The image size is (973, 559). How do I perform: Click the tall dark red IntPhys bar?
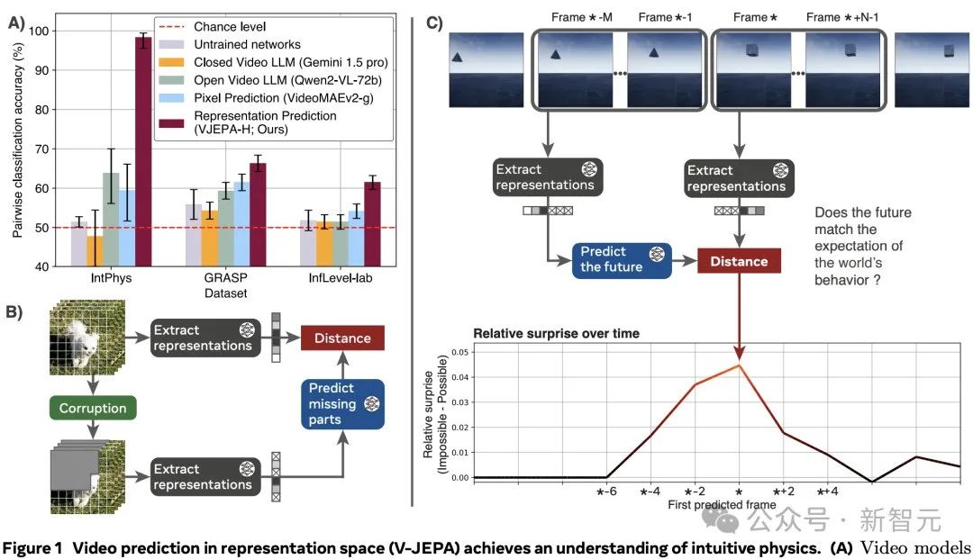[x=142, y=153]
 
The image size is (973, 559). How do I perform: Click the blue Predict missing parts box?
[x=343, y=404]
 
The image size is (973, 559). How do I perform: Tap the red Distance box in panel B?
[x=342, y=338]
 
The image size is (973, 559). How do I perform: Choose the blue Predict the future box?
[x=611, y=258]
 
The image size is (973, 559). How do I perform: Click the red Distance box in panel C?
[x=738, y=261]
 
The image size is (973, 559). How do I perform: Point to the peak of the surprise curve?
[x=739, y=365]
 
